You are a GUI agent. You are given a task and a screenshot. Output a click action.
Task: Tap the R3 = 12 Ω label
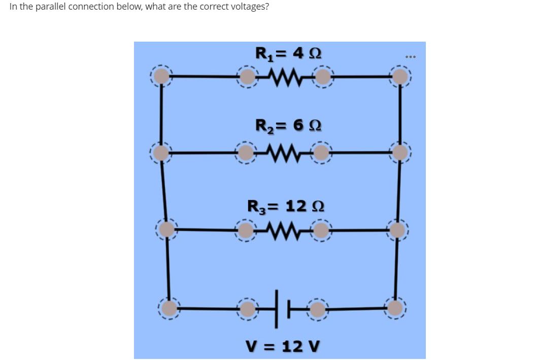pos(286,207)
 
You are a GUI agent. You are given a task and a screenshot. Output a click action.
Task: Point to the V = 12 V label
pos(283,346)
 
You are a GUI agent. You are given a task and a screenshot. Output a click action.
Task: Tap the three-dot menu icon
pos(410,56)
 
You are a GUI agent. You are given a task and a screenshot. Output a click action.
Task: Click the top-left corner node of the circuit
pos(161,76)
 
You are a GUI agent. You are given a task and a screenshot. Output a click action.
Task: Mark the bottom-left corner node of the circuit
pos(170,307)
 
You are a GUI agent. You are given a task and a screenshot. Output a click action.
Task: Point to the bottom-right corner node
pos(395,307)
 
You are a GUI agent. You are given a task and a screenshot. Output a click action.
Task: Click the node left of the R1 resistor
pos(247,77)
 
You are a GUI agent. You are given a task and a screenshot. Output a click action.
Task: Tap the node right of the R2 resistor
pos(320,152)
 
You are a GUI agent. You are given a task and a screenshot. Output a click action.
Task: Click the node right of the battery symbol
pos(317,308)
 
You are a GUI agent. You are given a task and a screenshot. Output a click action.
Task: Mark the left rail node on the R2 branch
pos(161,152)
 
